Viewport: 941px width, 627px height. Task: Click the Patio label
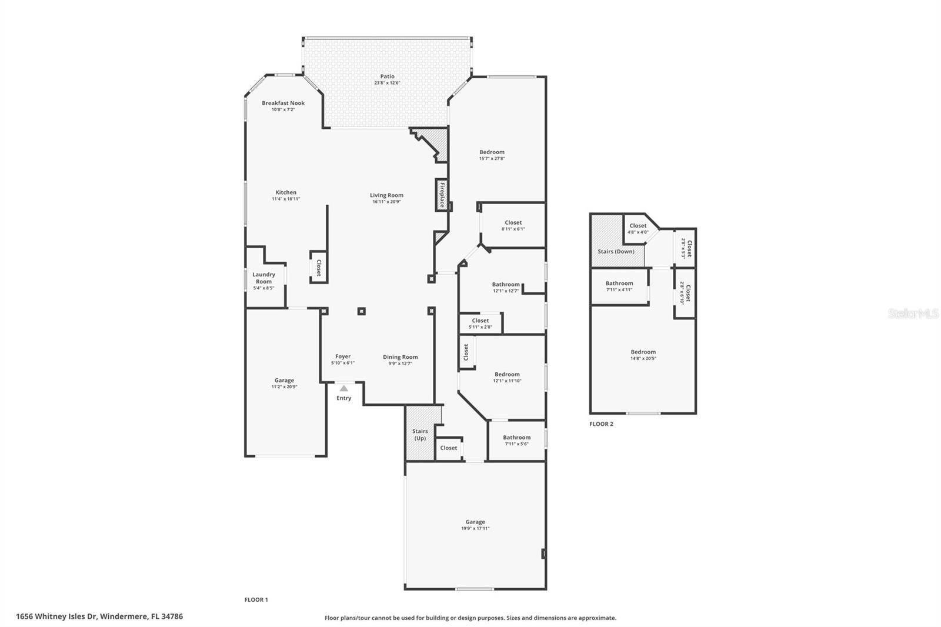tap(387, 76)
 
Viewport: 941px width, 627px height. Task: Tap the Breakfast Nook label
tap(283, 104)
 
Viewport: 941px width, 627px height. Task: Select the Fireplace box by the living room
tap(442, 195)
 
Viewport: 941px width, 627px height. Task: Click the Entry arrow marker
tap(343, 388)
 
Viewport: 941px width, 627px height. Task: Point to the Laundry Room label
tap(263, 278)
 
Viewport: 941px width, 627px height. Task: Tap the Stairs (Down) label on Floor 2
tap(616, 251)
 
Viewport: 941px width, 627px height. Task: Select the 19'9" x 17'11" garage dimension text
tap(475, 529)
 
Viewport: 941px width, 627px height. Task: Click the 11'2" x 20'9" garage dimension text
tap(284, 387)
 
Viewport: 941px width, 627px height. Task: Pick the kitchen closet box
tap(318, 268)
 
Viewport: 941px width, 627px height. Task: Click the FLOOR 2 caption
tap(601, 423)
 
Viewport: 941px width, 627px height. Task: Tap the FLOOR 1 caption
tap(256, 600)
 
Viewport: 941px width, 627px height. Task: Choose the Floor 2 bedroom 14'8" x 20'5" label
tap(643, 355)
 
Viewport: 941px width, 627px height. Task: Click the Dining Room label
tap(400, 357)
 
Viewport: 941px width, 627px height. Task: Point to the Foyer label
tap(343, 356)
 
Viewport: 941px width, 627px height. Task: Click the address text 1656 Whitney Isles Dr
tap(56, 616)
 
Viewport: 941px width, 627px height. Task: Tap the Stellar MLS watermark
tap(913, 313)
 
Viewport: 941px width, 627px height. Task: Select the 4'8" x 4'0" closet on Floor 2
tap(638, 229)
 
